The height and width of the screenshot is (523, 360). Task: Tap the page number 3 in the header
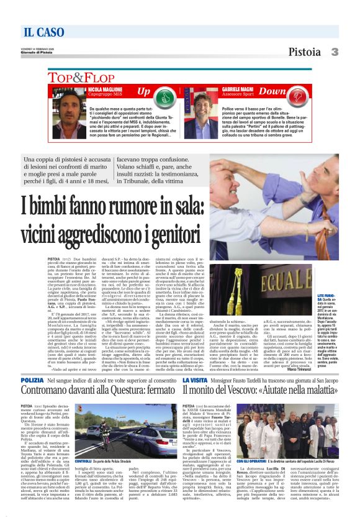pyautogui.click(x=335, y=52)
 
